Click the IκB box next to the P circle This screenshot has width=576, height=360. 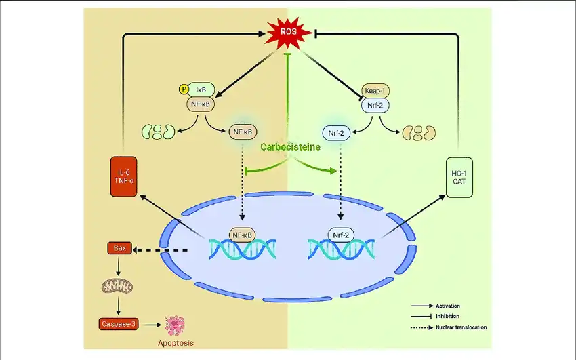point(201,89)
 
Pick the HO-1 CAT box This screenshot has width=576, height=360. point(459,178)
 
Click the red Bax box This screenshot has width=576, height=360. point(119,249)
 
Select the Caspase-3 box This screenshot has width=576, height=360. point(119,324)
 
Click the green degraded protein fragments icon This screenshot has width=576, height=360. point(158,132)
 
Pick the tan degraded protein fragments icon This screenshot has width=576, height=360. point(418,132)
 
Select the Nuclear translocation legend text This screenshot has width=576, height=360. point(461,327)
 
